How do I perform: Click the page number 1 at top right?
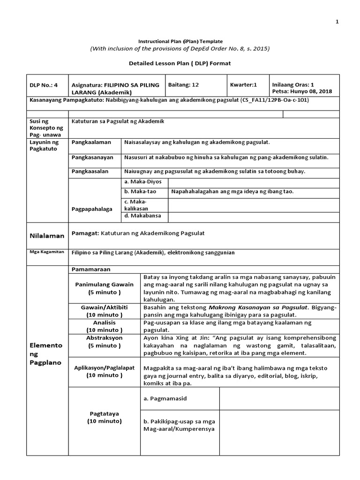(336, 22)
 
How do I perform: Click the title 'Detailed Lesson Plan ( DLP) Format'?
(180, 63)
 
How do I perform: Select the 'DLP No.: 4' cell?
(43, 85)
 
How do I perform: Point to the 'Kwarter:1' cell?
(244, 85)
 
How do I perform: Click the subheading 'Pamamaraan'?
(90, 270)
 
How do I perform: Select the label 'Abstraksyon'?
(105, 337)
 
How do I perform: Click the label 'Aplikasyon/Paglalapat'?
(105, 367)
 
